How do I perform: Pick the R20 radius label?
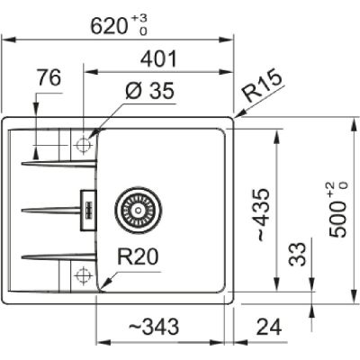(139, 258)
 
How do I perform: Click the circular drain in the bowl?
(135, 209)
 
